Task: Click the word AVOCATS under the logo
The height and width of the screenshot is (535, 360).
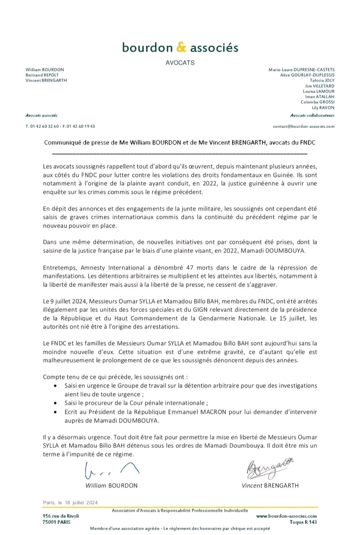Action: tap(180, 63)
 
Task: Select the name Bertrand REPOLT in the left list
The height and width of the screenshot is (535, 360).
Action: tap(42, 75)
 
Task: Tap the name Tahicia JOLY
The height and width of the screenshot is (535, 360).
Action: tap(322, 80)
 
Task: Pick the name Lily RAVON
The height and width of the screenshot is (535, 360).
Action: tap(323, 108)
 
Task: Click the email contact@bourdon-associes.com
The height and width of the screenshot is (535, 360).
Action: tap(304, 126)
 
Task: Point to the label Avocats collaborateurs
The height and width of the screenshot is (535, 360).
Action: tap(312, 115)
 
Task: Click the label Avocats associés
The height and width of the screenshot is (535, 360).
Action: tap(42, 115)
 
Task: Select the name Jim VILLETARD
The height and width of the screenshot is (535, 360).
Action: tap(320, 86)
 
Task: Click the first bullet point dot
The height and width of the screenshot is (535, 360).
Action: tap(56, 386)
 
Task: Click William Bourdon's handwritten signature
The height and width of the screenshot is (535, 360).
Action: tap(111, 470)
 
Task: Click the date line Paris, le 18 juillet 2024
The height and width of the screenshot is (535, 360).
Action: tap(70, 503)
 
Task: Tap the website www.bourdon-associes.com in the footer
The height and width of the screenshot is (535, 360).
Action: tap(286, 516)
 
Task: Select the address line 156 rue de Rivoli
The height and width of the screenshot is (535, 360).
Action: tap(61, 516)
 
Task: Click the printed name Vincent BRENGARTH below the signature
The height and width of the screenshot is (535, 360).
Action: tap(270, 485)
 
